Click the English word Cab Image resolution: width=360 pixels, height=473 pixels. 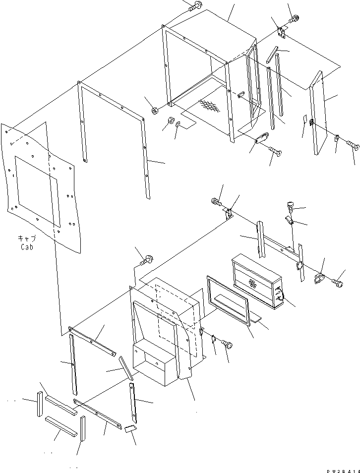(27, 246)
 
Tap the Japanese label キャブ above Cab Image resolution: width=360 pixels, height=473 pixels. (27, 238)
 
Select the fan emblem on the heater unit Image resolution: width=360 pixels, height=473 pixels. (252, 284)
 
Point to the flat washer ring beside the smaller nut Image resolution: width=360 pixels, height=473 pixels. (177, 123)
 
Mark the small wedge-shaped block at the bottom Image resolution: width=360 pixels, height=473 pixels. (130, 429)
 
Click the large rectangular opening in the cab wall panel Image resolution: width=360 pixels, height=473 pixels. (37, 186)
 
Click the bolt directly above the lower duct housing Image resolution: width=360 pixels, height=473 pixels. (148, 258)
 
